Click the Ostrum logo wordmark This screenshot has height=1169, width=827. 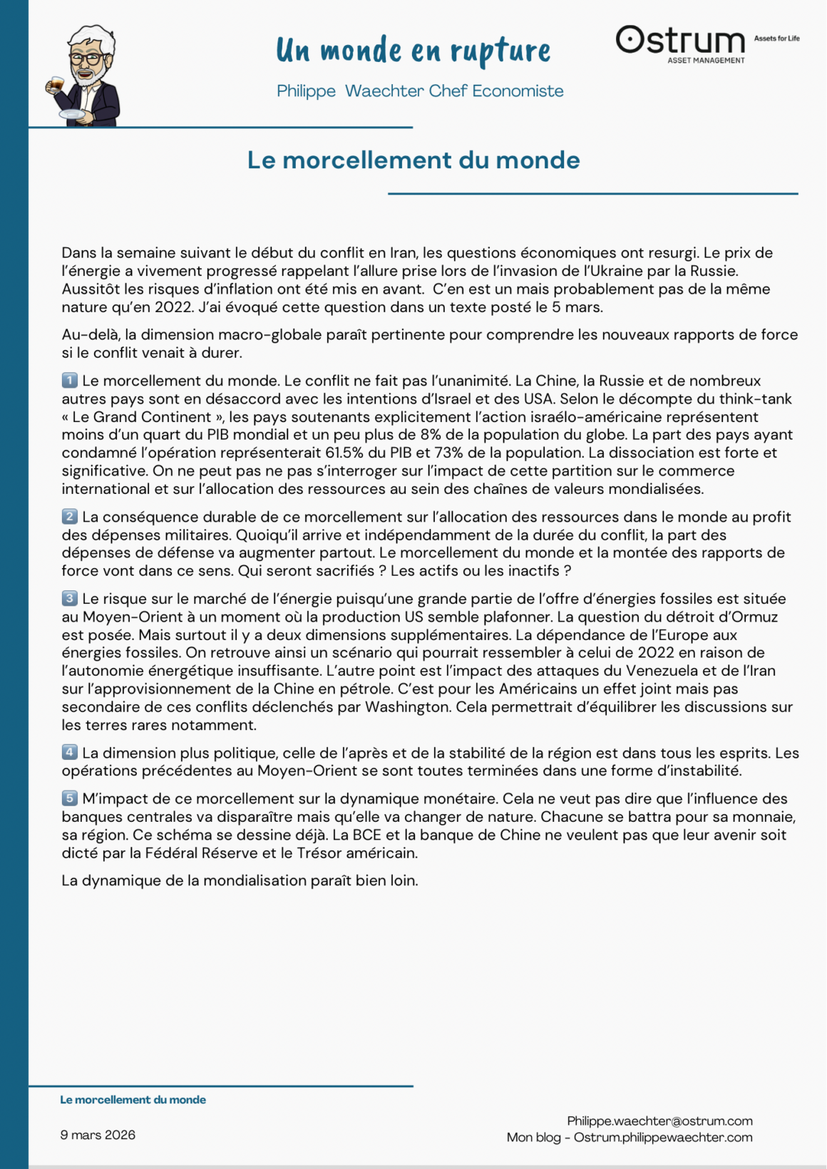tap(681, 41)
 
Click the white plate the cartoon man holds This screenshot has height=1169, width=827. tap(71, 114)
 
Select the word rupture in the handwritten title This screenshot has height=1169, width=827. tap(500, 51)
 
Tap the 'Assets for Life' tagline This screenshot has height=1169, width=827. tap(776, 38)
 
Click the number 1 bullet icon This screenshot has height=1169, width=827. tap(69, 381)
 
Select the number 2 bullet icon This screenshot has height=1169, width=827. tap(69, 517)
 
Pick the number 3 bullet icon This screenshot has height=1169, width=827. tap(69, 599)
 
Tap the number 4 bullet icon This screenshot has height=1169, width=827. tap(69, 753)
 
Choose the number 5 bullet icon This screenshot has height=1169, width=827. tap(69, 798)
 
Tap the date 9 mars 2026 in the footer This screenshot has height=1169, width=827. tap(98, 1135)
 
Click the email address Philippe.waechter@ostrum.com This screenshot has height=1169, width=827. tap(659, 1121)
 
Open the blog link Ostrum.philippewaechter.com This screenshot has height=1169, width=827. tap(663, 1138)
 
